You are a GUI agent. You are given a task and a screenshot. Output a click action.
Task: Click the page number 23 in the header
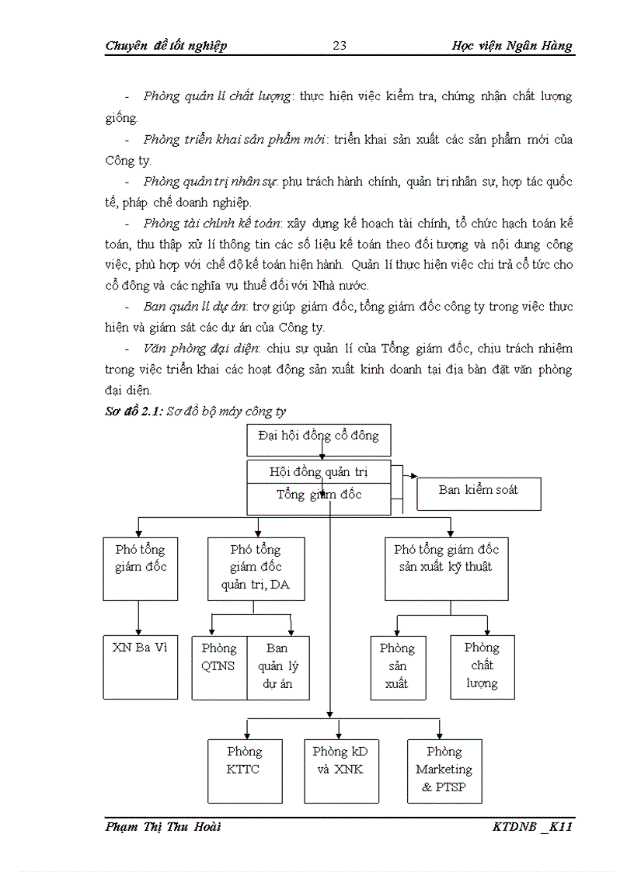tap(340, 45)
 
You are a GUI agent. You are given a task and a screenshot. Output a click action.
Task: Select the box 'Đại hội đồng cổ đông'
tap(319, 439)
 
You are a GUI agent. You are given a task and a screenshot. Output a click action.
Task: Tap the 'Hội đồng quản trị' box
tap(319, 471)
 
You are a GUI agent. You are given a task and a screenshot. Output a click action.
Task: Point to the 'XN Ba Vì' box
tap(140, 665)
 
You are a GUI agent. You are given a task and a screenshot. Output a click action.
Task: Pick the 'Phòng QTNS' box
tap(219, 667)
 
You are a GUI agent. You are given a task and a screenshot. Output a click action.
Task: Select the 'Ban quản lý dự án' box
tap(277, 667)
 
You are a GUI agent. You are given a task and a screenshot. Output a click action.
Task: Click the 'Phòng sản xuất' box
tap(397, 666)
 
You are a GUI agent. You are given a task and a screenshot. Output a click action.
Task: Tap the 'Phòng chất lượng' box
tap(482, 666)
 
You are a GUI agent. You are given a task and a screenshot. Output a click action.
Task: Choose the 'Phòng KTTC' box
tap(245, 770)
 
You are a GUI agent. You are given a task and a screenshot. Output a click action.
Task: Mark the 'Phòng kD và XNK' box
tap(340, 770)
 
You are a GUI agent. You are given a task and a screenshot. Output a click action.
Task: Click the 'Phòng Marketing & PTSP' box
tap(444, 770)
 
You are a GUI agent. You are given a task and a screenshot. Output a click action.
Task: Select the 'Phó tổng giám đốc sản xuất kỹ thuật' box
tap(446, 568)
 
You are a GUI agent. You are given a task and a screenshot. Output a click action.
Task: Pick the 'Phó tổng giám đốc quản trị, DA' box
tap(256, 568)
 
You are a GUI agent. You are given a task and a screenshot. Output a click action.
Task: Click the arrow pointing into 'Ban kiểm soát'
tap(413, 477)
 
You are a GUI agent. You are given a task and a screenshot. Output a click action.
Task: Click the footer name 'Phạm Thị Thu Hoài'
tap(163, 827)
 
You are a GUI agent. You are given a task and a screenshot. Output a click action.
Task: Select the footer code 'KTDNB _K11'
tap(532, 827)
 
